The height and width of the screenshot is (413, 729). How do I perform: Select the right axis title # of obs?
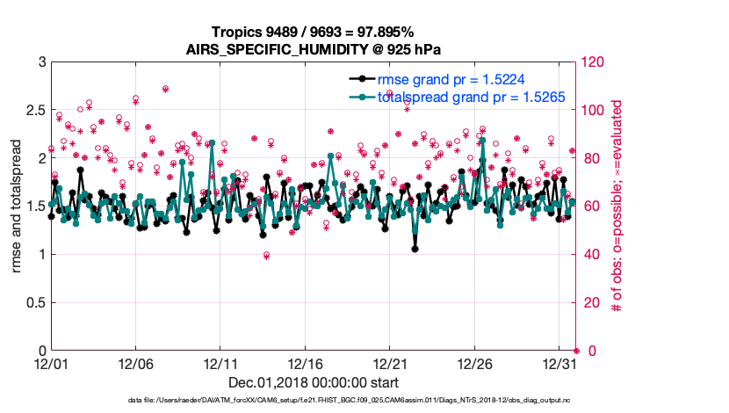tap(617, 206)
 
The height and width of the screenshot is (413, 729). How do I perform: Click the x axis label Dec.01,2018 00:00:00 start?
tap(314, 382)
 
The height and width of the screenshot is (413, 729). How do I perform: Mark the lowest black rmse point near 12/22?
tap(415, 249)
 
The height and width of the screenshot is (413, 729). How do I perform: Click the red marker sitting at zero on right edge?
tap(576, 351)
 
